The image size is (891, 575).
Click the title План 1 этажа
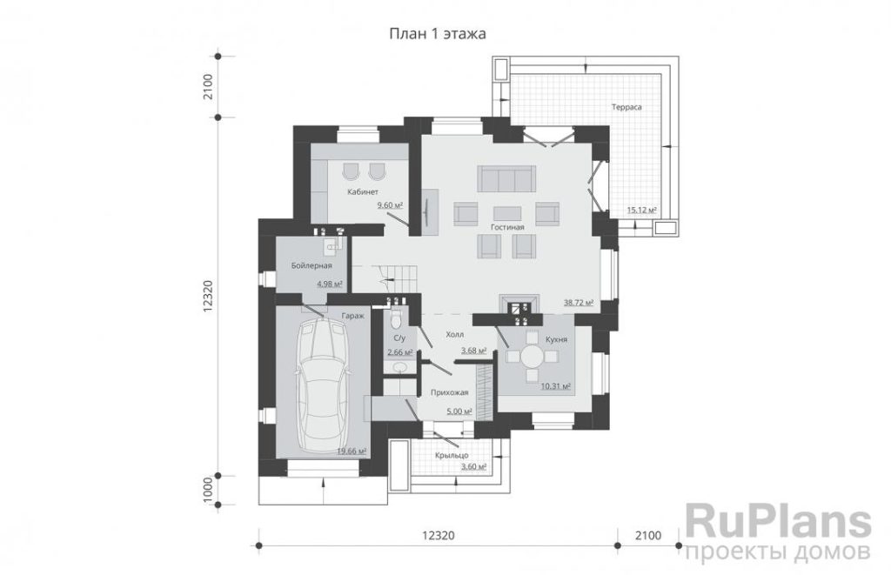pyautogui.click(x=437, y=34)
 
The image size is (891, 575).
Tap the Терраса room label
pyautogui.click(x=626, y=107)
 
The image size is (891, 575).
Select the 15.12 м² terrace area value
pyautogui.click(x=641, y=211)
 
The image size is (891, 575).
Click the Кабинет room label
pyautogui.click(x=363, y=192)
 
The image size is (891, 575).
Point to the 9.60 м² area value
pyautogui.click(x=390, y=205)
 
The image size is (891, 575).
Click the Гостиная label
pyautogui.click(x=507, y=227)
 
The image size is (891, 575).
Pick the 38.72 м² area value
pyautogui.click(x=579, y=303)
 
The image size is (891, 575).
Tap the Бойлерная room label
pyautogui.click(x=312, y=265)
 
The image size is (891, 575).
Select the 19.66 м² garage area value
pyautogui.click(x=352, y=451)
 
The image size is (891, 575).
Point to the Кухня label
pyautogui.click(x=556, y=339)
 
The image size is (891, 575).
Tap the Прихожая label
pyautogui.click(x=450, y=392)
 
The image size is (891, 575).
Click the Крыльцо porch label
pyautogui.click(x=452, y=455)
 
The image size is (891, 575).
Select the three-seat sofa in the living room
pyautogui.click(x=506, y=178)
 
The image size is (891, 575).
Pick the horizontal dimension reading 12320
pyautogui.click(x=439, y=535)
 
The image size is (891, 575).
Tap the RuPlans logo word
pyautogui.click(x=778, y=524)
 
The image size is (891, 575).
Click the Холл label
pyautogui.click(x=454, y=335)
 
